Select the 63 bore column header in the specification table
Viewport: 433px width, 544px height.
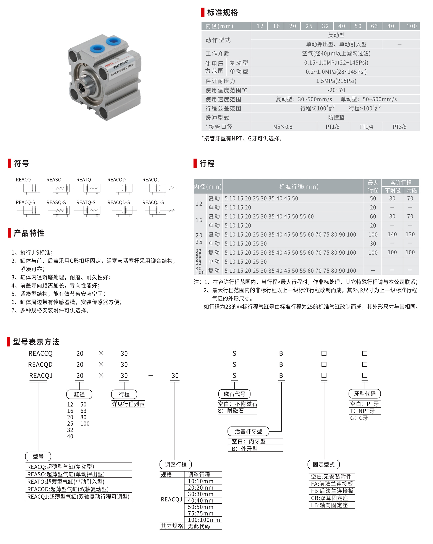point(374,26)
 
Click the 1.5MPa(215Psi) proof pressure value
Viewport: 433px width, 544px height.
point(336,81)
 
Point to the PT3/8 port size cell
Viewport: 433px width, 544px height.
point(399,127)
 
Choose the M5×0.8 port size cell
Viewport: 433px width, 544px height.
point(283,127)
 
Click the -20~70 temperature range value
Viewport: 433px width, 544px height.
point(336,90)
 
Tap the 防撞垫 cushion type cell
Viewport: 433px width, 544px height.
point(336,118)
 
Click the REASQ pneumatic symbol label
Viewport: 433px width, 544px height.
point(54,180)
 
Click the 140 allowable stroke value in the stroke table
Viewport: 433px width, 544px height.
point(392,234)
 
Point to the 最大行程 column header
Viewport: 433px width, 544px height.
point(373,186)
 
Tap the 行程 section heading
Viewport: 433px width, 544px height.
point(207,164)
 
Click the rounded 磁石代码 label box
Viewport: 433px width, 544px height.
point(234,394)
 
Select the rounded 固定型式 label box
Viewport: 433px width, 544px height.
point(323,465)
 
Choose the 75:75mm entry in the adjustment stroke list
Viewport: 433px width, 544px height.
point(200,514)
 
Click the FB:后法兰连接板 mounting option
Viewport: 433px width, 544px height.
point(332,491)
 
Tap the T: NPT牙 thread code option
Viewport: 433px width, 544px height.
point(362,411)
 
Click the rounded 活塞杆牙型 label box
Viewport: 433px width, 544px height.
point(248,432)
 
